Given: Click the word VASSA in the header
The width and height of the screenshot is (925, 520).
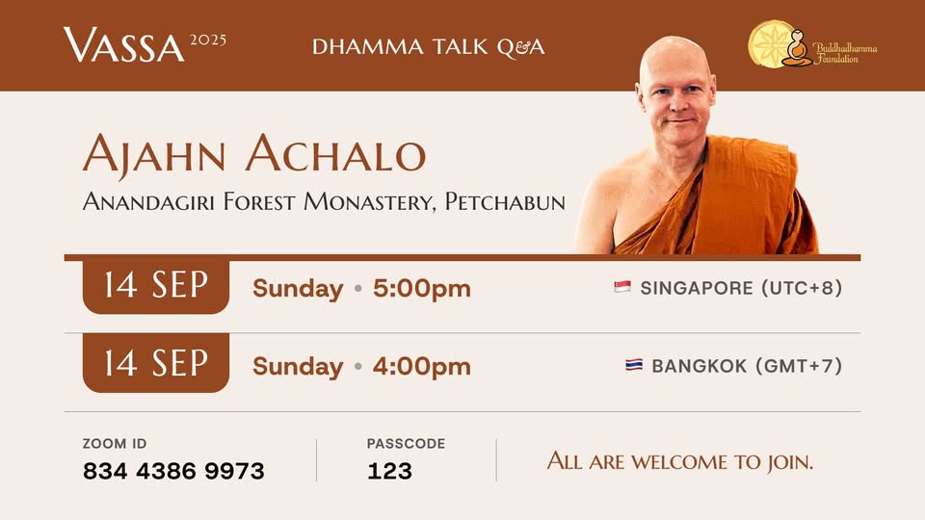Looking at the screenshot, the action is [124, 45].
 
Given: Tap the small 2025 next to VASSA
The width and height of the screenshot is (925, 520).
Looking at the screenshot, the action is [208, 40].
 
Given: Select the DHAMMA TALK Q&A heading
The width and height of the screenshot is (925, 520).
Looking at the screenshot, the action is [428, 47].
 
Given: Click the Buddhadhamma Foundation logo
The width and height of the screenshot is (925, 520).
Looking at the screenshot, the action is [812, 45].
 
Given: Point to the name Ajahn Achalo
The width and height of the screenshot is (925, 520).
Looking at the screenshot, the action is [254, 153].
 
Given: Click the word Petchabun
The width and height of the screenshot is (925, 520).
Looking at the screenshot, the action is [505, 201].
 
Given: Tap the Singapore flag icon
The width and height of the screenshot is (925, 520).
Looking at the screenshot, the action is [622, 287].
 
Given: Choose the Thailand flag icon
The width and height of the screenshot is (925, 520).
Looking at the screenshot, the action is [634, 365].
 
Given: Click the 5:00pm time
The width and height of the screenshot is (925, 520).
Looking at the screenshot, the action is [422, 288].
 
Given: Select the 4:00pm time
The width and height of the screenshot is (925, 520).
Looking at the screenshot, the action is [422, 366].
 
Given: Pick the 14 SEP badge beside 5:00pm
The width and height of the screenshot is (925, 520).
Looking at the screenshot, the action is [156, 286].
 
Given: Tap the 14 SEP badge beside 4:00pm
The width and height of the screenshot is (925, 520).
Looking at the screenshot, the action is [156, 362].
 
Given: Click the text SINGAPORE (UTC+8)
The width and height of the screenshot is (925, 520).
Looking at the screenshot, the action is [741, 288].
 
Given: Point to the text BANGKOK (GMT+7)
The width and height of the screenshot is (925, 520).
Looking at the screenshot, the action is [747, 366].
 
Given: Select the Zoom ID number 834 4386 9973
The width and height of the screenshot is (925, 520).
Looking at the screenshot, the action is [173, 471].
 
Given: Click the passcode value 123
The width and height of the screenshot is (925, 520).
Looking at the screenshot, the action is [389, 471].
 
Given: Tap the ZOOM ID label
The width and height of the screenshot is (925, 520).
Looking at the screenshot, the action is [115, 443].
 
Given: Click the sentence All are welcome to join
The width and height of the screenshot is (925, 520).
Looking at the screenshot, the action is [680, 461].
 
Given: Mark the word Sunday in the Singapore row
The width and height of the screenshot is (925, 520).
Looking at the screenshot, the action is [298, 289].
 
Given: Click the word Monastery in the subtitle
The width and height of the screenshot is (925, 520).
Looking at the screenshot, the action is [370, 201].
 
